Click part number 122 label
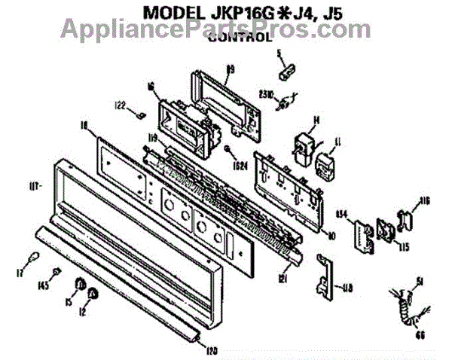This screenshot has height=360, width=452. [x=120, y=105]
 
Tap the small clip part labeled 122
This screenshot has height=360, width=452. [x=140, y=114]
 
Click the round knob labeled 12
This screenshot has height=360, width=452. [x=92, y=292]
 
